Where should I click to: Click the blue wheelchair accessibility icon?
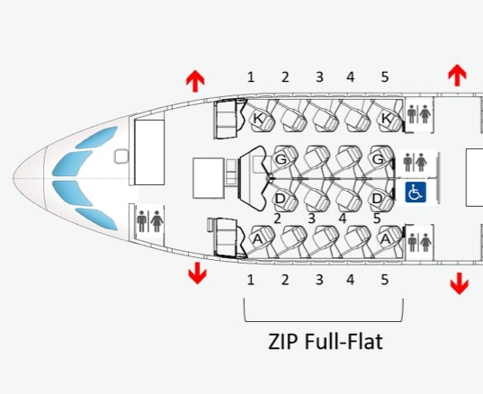point(416,192)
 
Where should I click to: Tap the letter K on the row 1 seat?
point(258,119)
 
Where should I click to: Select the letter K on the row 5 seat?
point(387,118)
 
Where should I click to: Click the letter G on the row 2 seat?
point(281,159)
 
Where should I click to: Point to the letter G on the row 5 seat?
point(378,159)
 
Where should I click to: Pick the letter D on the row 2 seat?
point(280,199)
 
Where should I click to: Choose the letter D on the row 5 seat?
point(377,199)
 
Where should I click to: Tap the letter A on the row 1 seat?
point(257,239)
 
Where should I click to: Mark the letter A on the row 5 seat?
point(386,238)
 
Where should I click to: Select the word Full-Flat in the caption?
point(344,342)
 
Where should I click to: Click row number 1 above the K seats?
point(251,77)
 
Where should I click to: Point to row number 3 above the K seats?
point(319,77)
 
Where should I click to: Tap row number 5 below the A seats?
point(384,280)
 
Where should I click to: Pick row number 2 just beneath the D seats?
point(277,219)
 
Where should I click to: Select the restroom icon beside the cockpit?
point(149,221)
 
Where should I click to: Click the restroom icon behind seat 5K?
point(419,114)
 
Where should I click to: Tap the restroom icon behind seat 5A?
point(419,242)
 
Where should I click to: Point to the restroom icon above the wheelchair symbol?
point(416,162)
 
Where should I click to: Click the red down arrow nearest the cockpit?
point(198,273)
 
